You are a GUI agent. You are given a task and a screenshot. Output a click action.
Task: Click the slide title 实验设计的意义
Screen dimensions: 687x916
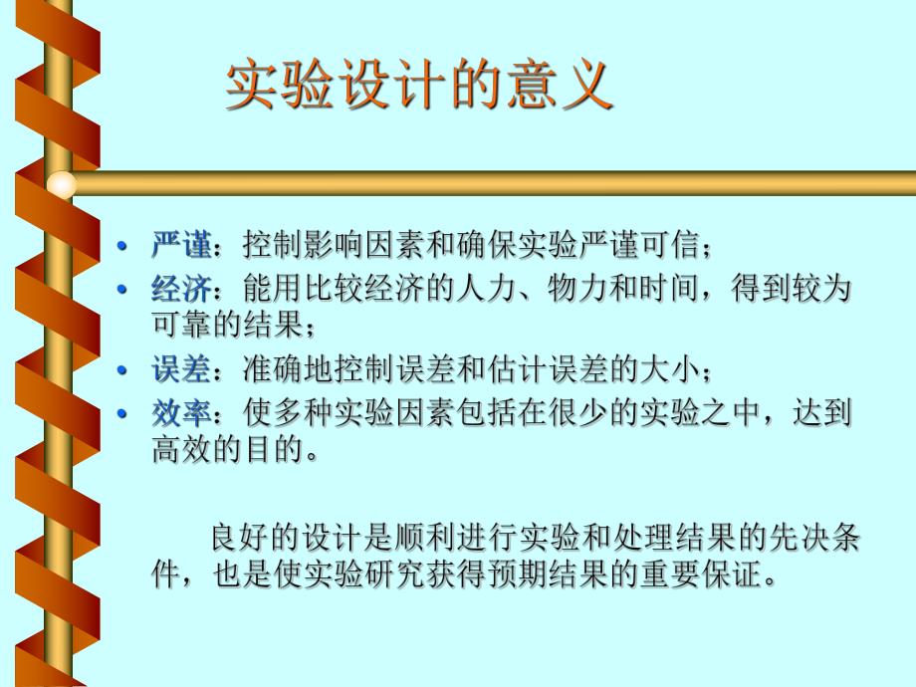click(418, 88)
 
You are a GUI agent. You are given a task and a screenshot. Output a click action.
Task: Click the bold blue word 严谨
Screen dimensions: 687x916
click(181, 245)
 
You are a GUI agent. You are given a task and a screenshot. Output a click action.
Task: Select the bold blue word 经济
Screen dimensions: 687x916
click(181, 290)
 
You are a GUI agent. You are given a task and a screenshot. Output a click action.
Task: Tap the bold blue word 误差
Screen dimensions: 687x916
click(181, 369)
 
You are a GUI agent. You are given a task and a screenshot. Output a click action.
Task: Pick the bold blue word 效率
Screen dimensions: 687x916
click(181, 414)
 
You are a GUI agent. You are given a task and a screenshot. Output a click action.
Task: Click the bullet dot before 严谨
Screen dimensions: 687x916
click(122, 246)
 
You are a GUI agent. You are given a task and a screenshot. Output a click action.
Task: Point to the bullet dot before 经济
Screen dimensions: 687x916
click(122, 291)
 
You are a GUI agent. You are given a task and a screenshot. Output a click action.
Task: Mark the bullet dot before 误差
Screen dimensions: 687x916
click(122, 370)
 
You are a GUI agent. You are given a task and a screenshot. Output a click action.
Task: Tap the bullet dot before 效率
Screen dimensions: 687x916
click(122, 415)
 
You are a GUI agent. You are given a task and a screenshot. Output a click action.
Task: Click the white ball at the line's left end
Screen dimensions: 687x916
click(62, 184)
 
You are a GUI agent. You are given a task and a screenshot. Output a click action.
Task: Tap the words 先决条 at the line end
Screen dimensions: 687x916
click(815, 540)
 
